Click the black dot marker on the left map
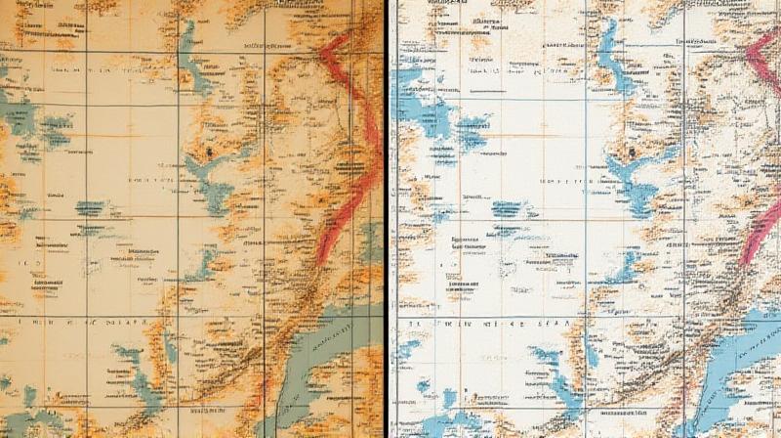[209, 153]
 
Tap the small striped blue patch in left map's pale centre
[90, 208]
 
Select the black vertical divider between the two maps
[387, 219]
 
